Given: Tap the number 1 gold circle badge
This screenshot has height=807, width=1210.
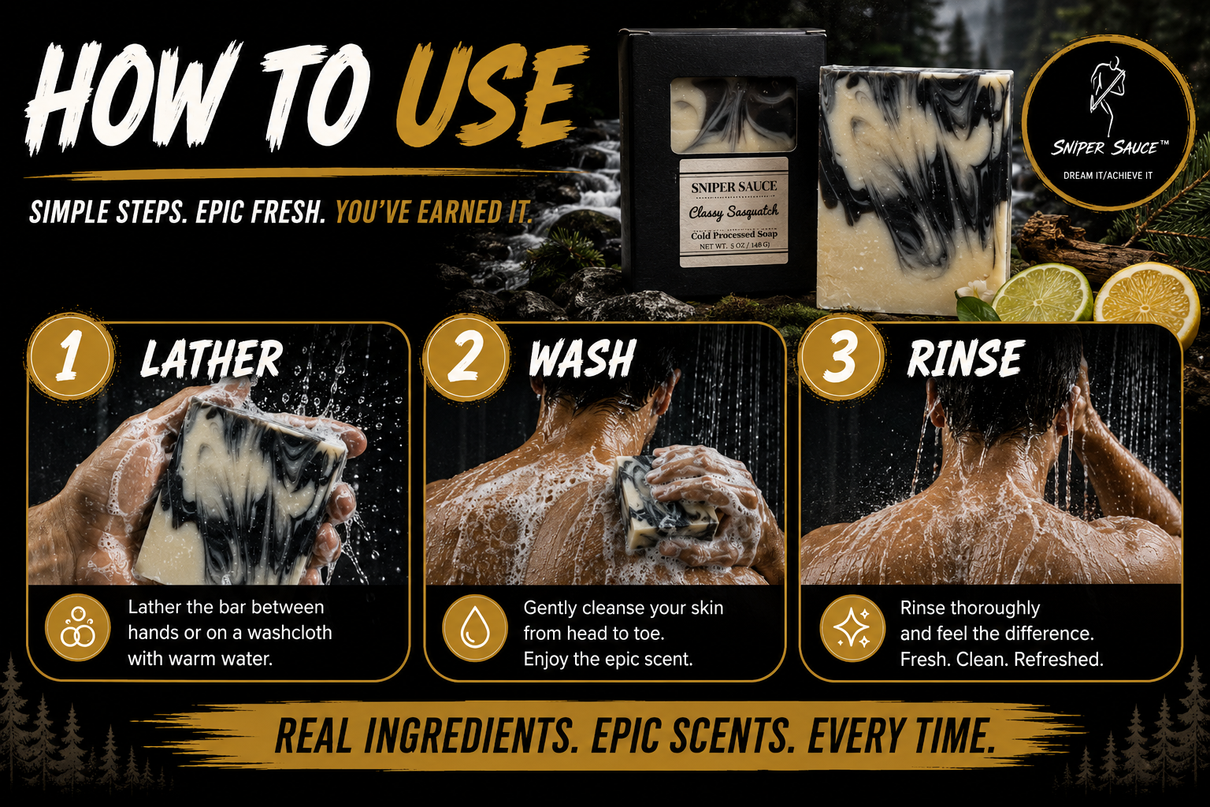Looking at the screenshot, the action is (71, 357).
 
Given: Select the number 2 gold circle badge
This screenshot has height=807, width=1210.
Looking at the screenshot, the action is (466, 357).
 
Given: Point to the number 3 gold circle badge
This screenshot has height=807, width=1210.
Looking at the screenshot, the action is (841, 357).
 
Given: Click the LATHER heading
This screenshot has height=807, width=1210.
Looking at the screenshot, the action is (211, 359).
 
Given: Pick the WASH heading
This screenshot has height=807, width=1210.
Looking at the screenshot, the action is (581, 358).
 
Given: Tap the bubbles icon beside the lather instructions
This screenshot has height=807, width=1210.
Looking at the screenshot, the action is (78, 628).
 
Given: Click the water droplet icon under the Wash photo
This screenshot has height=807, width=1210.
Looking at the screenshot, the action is (474, 628).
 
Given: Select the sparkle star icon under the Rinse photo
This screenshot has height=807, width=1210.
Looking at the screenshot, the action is (852, 628).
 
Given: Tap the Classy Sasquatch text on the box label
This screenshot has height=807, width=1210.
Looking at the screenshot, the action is (733, 211).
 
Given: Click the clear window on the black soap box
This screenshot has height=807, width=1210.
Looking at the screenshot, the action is (733, 114).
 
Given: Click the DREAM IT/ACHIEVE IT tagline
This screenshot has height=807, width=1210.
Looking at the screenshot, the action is (1108, 176).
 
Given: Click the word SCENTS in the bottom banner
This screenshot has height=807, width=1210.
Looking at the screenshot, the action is (693, 735).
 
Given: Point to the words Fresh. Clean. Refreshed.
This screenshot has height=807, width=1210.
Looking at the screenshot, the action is (1001, 660).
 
